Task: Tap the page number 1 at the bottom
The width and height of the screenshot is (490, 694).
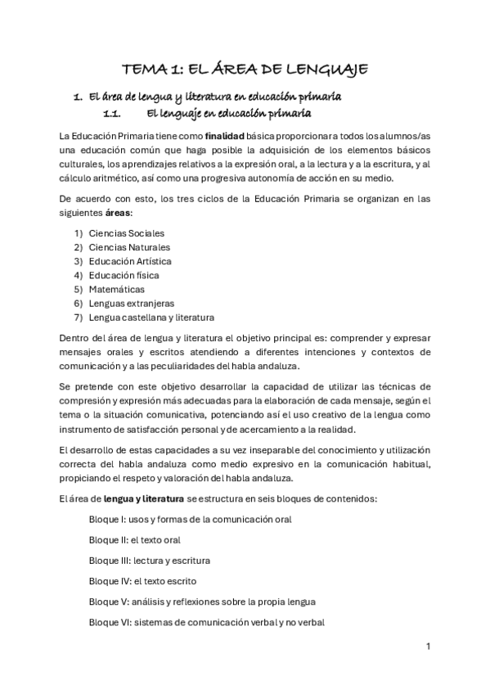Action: [428, 646]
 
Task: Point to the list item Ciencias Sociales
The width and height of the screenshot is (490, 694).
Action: [126, 233]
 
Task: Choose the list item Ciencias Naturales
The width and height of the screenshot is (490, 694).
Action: [129, 247]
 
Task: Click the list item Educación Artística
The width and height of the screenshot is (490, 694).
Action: [130, 261]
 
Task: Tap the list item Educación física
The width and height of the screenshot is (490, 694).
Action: [124, 275]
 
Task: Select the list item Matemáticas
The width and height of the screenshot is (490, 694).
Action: [117, 289]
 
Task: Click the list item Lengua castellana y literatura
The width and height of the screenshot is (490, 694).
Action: [151, 317]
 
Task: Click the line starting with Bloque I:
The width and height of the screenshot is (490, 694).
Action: [190, 519]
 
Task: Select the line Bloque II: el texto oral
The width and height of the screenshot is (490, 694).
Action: [134, 539]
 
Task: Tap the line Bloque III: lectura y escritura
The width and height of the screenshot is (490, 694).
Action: [149, 560]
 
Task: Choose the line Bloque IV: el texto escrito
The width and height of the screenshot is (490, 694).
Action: [142, 580]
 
